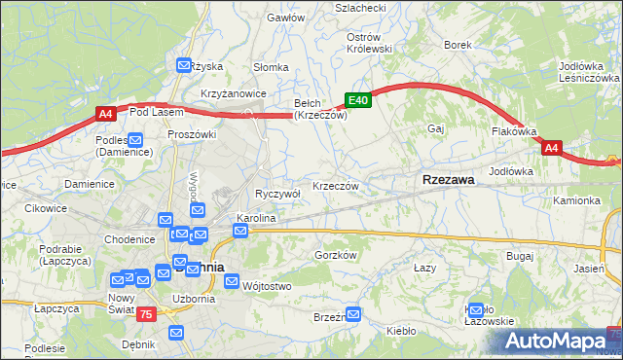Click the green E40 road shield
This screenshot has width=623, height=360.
358,100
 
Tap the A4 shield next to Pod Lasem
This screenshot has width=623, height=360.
106,115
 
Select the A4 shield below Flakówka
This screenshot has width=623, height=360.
551,148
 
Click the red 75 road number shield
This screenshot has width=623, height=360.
146,313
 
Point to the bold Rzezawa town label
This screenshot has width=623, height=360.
448,180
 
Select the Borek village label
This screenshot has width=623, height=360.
458,45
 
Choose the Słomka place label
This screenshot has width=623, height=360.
271,67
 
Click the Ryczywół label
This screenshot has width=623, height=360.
277,194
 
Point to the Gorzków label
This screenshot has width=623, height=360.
338,255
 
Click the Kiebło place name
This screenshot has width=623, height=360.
401,331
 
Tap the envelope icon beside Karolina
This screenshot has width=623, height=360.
240,231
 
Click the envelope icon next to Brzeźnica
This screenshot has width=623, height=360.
353,314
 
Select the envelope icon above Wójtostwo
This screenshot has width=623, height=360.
232,281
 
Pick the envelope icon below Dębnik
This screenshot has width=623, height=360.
176,333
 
